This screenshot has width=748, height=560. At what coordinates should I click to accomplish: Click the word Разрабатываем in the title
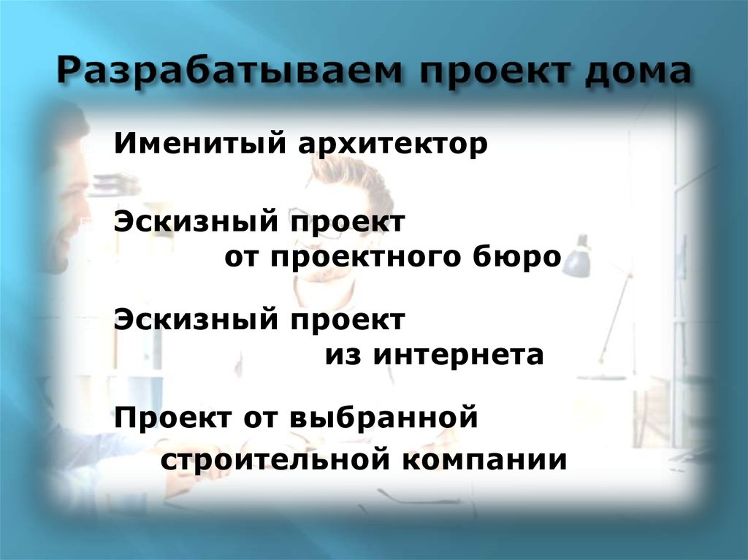[230, 74]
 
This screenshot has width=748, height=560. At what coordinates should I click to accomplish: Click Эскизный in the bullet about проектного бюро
[196, 222]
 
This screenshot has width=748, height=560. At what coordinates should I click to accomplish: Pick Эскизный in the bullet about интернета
[196, 320]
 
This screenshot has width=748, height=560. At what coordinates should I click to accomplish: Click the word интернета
[459, 356]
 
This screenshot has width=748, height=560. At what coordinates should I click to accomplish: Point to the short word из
[343, 356]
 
